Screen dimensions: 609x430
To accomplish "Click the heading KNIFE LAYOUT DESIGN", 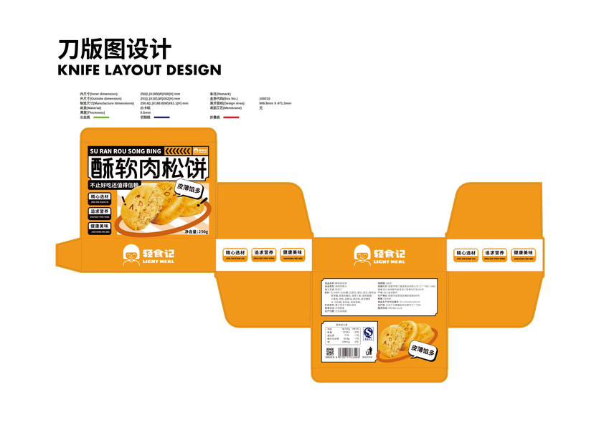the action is point(139,70).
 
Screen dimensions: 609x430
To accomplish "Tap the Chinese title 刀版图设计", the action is point(115,49).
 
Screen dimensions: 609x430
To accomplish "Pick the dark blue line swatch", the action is point(161,118).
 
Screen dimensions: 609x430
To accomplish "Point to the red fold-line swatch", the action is point(231,118).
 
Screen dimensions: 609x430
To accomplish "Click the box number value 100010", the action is point(265,98).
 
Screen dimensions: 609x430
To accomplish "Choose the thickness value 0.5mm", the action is point(146,113).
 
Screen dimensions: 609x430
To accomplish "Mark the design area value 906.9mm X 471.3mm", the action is point(275,103).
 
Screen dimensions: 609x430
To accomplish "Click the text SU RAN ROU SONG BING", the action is point(125,151).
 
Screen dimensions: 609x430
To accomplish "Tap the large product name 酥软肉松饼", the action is point(148,168).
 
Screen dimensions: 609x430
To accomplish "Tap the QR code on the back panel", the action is point(329,352).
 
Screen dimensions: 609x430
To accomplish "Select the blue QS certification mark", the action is point(368,333).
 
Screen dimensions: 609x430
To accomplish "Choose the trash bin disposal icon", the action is point(369,351).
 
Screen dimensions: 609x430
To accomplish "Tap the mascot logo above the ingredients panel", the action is point(362,254).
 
